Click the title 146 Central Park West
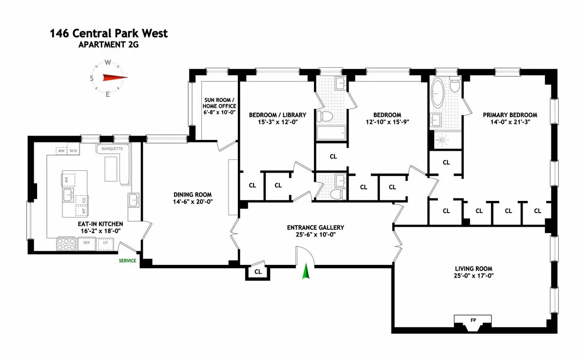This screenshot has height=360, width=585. [x=109, y=34]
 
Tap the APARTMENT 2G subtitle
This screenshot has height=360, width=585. [x=108, y=46]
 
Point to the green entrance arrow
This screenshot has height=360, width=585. [x=306, y=272]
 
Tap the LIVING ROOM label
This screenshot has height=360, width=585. [x=473, y=269]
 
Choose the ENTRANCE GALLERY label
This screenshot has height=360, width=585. [x=315, y=227]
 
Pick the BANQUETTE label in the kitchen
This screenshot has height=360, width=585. [x=113, y=148]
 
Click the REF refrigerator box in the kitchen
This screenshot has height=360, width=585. [x=87, y=242]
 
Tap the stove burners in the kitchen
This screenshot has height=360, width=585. [x=67, y=243]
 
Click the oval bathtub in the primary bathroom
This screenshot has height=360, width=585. [x=438, y=95]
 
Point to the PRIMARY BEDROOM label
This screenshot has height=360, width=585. [x=510, y=115]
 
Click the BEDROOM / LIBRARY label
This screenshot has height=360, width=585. [x=277, y=115]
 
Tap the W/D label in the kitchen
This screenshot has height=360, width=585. [x=74, y=151]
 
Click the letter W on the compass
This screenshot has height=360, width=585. [x=108, y=62]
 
